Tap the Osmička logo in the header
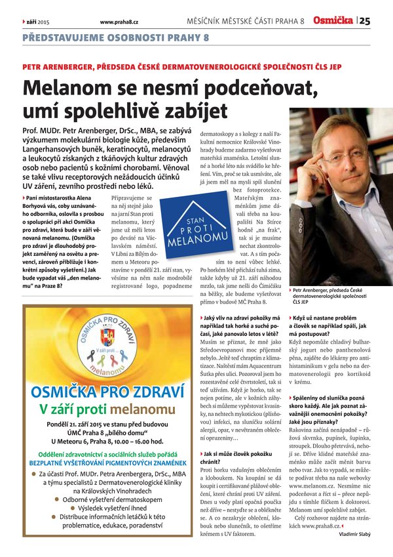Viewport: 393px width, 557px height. click(333, 21)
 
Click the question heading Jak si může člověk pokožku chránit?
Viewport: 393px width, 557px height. click(238, 457)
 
